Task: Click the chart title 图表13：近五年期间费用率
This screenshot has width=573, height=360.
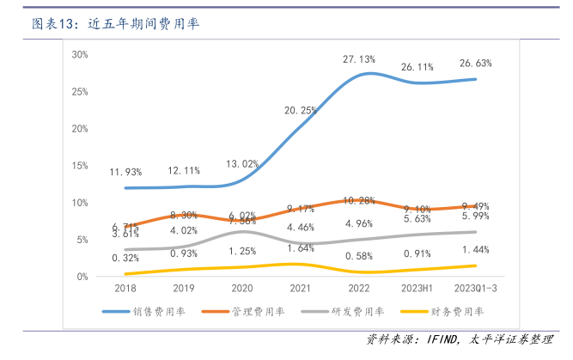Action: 116,24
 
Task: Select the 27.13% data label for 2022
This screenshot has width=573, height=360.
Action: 359,59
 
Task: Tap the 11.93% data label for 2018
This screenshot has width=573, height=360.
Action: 125,172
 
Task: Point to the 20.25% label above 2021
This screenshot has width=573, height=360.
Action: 301,110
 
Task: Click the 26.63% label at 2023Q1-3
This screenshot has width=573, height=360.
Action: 476,64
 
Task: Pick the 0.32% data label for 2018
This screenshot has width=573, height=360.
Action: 125,258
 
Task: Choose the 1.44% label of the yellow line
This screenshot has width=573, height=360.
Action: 476,249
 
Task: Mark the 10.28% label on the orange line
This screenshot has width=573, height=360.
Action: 359,200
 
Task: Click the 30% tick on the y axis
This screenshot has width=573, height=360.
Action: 80,54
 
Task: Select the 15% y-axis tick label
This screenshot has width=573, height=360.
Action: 80,165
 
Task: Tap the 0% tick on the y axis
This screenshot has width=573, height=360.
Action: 82,277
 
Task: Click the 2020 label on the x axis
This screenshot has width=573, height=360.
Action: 242,290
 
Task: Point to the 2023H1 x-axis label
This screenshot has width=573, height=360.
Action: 418,290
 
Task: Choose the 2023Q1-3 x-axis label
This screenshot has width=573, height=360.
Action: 475,290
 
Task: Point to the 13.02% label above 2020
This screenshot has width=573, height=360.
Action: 242,163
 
